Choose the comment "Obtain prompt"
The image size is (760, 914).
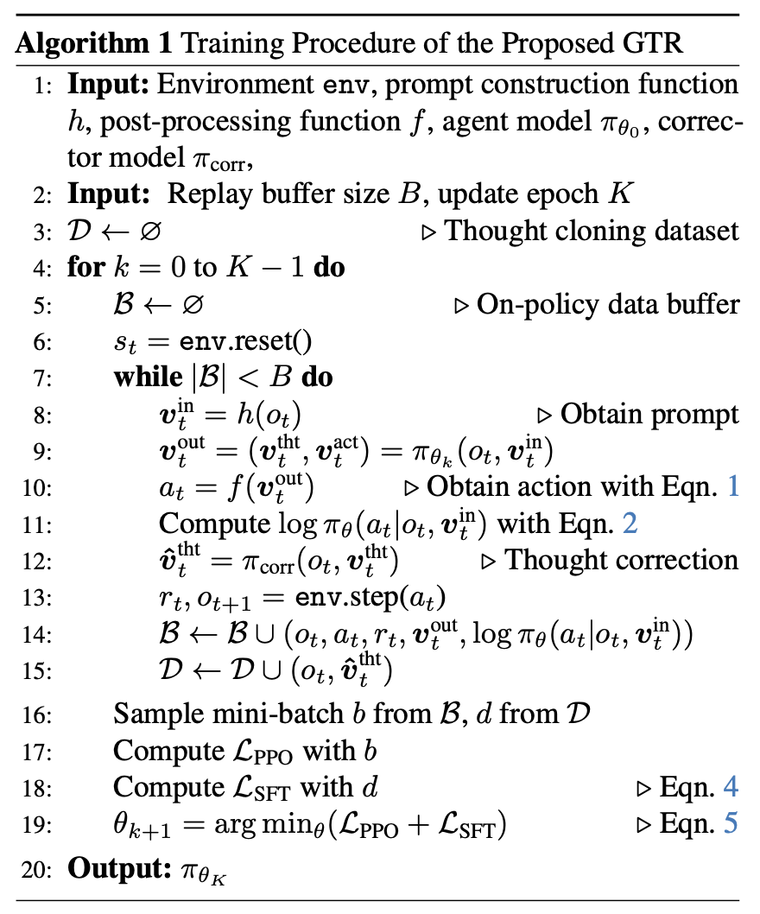(649, 414)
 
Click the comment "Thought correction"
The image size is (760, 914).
(621, 560)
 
